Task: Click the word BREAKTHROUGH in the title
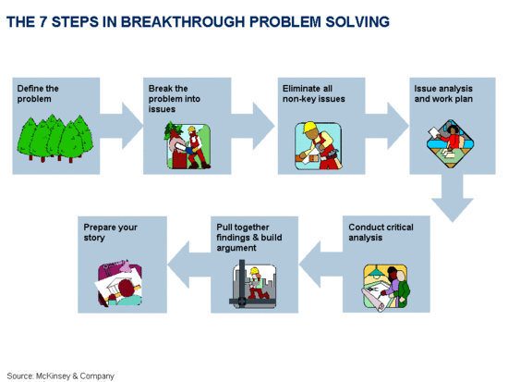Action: pos(182,22)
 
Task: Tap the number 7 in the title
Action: pos(43,22)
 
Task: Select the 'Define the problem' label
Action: pos(38,93)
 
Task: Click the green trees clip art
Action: pos(55,138)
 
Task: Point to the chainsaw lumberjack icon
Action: pos(187,145)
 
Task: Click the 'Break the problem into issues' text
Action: pos(175,99)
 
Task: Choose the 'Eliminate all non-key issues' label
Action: pos(314,93)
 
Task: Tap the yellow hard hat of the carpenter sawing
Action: pos(310,127)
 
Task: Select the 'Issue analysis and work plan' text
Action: pos(443,93)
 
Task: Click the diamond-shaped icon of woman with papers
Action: pos(450,143)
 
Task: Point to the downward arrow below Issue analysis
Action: pos(453,198)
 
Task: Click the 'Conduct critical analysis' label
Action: pos(381,232)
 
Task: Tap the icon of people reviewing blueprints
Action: pos(385,288)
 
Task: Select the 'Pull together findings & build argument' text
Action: pos(249,238)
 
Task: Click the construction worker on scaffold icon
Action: pos(253,284)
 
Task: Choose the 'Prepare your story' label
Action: pos(111,232)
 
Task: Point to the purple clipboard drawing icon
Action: pos(119,283)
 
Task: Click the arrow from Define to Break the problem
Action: pos(122,126)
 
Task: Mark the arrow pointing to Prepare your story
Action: pos(189,265)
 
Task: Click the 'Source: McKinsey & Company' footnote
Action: pos(61,376)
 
